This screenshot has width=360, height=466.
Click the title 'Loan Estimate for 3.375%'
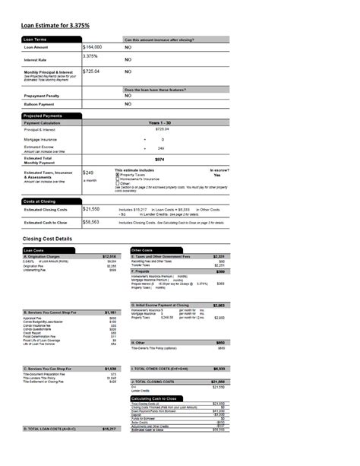point(55,25)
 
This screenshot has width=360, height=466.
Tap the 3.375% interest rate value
point(90,56)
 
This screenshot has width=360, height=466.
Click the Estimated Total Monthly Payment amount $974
point(159,159)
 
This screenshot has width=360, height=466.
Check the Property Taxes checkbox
point(117,175)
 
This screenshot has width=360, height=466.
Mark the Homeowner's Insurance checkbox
point(117,179)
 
